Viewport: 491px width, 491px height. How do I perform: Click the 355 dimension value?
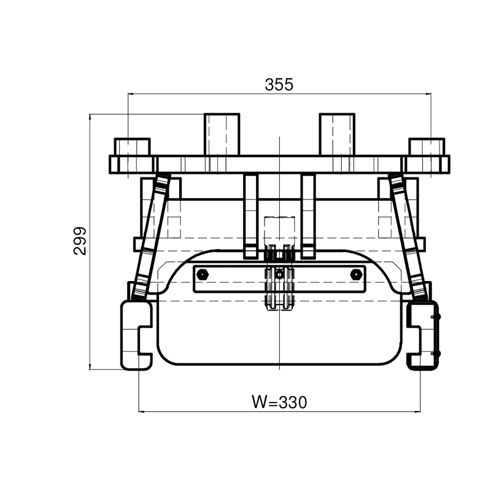click(279, 84)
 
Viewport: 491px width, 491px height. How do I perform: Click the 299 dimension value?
click(80, 241)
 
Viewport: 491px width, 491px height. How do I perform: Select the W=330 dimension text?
click(279, 402)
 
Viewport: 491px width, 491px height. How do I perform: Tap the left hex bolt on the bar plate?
click(203, 274)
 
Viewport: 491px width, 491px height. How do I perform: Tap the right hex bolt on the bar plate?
click(357, 274)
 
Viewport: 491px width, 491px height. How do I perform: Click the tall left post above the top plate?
click(222, 134)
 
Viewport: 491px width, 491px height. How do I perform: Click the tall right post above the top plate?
click(337, 134)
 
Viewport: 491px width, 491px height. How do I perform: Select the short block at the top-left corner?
click(132, 147)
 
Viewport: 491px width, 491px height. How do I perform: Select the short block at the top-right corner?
click(427, 147)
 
